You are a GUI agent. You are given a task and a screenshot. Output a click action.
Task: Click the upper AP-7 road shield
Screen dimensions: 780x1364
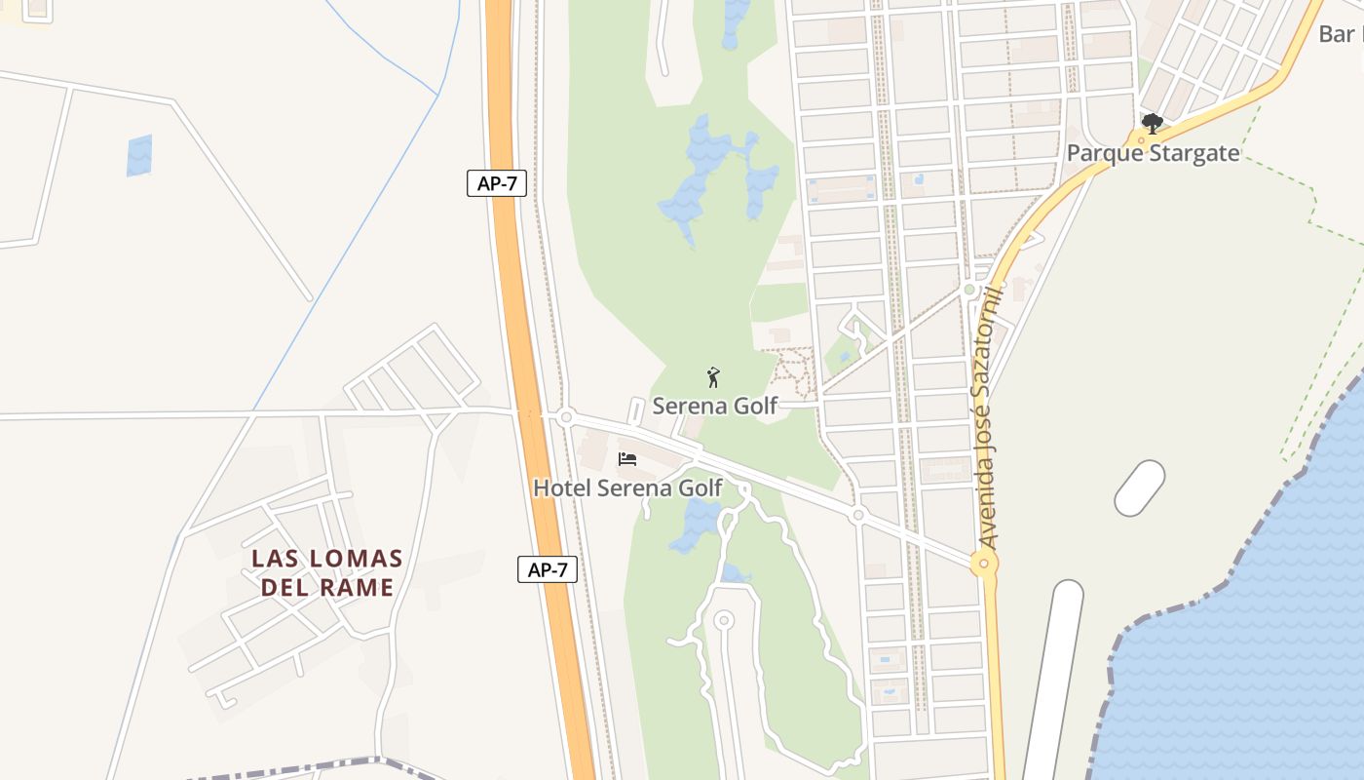(497, 183)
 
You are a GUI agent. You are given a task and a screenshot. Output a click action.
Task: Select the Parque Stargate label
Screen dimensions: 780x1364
(1153, 153)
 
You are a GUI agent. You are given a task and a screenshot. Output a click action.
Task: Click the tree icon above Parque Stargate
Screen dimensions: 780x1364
(1153, 124)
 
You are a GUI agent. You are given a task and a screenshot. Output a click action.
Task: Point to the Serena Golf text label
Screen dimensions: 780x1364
(715, 406)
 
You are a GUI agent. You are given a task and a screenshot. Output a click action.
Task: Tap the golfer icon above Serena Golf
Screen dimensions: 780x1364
(713, 377)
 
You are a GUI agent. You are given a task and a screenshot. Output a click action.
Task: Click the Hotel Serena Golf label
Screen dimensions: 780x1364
(627, 487)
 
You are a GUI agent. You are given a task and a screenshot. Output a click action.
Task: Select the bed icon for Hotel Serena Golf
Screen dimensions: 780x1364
(627, 458)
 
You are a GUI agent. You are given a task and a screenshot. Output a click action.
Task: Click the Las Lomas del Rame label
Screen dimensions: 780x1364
(326, 572)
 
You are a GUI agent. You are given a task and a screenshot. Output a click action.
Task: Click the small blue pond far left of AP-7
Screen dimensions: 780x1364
(139, 155)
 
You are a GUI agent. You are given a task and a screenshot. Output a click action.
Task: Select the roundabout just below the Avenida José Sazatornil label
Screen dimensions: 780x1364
(984, 563)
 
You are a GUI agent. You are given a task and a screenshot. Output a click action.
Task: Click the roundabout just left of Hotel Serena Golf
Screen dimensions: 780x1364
(565, 416)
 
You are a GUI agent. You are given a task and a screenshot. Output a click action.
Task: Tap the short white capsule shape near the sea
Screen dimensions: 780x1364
(1139, 488)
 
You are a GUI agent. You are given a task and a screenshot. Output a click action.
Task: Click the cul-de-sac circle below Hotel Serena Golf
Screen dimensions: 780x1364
(723, 619)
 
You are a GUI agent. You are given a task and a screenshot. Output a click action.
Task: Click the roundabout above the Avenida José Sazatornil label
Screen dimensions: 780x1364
(968, 290)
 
